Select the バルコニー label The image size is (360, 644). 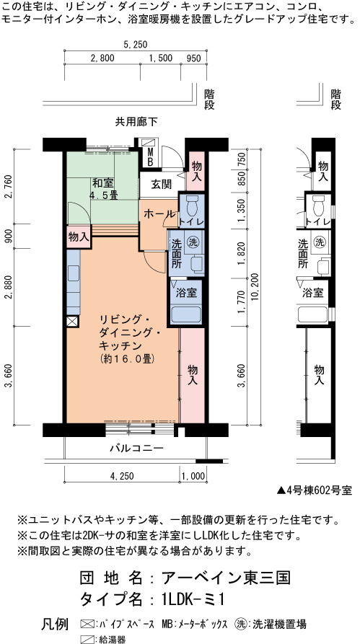pos(137,448)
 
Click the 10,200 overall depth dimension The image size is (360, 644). pos(255,286)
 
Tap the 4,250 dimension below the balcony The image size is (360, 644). pos(122,476)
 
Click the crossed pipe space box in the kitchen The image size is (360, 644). pos(73,321)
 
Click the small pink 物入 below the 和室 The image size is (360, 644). pos(79,237)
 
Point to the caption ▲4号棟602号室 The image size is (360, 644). pos(315,490)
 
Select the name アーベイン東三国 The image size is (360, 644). pos(227,578)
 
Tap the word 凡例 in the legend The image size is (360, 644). pos(55,625)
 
